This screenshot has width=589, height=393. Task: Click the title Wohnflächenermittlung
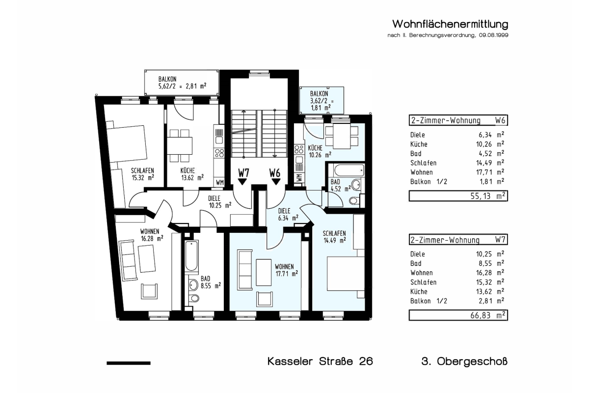click(449, 25)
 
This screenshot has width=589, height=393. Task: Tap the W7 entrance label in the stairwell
click(243, 173)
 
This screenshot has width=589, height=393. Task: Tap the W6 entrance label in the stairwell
click(274, 173)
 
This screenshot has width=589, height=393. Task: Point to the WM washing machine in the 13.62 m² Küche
click(220, 183)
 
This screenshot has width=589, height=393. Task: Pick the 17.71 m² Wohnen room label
click(284, 270)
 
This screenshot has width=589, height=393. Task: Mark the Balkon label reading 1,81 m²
click(321, 100)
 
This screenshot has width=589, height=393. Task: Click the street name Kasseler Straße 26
click(320, 362)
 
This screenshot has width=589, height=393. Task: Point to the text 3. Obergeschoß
click(464, 362)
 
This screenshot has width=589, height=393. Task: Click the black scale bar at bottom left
click(129, 363)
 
